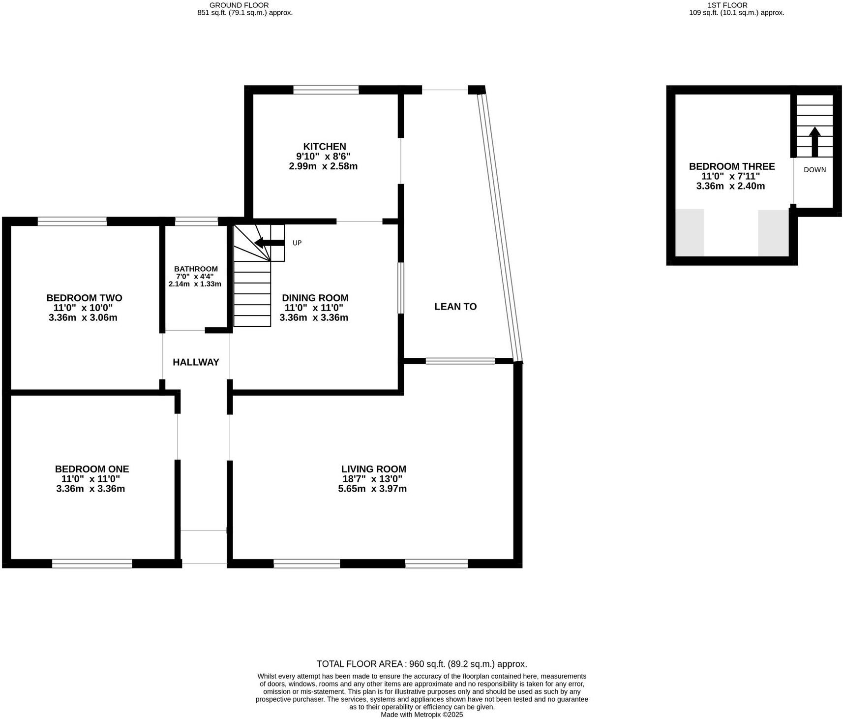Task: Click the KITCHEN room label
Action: tap(325, 147)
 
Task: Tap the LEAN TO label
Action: tap(455, 307)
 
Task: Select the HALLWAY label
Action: tap(196, 362)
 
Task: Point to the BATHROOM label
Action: tap(196, 269)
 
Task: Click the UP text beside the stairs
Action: tap(297, 243)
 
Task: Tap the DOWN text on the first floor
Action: tap(814, 170)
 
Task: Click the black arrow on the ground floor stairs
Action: tap(269, 243)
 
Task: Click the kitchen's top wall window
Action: tap(326, 90)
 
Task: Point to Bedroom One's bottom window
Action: tap(92, 563)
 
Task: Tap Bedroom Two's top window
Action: tap(72, 221)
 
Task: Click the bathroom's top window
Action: tap(196, 221)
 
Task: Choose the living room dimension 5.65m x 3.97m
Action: tap(372, 489)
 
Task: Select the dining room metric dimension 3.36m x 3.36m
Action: tap(314, 317)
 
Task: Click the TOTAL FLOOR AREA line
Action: tap(421, 664)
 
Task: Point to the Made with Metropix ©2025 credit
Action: tap(421, 715)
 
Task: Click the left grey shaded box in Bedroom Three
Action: tap(690, 232)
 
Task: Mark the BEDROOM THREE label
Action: tap(731, 166)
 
